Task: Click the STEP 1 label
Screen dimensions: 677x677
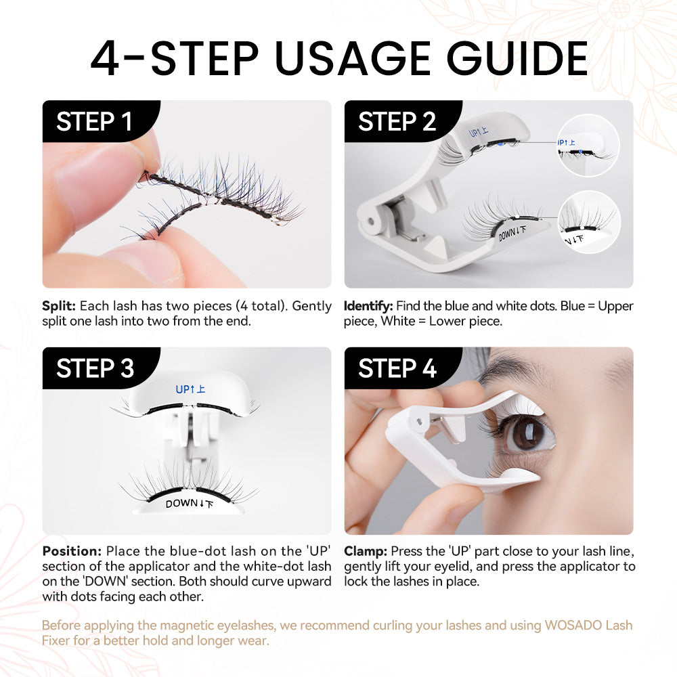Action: point(94,122)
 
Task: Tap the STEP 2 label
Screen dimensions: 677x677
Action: point(397,122)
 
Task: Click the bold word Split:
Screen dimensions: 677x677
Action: point(58,306)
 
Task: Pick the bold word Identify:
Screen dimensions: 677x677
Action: point(368,306)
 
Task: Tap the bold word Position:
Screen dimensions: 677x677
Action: point(72,550)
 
